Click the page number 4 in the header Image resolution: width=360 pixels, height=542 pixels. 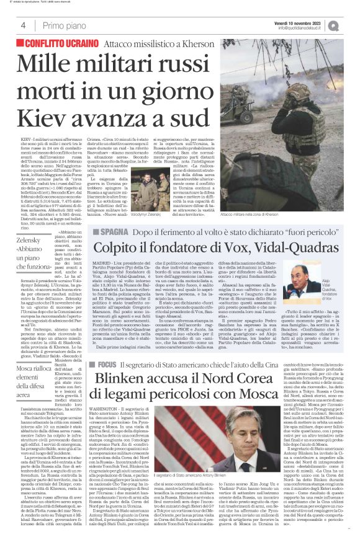tap(23, 25)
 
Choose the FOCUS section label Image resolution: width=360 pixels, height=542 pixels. tap(107, 363)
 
